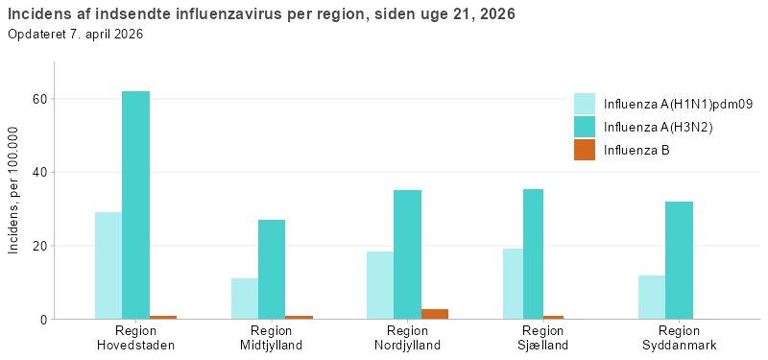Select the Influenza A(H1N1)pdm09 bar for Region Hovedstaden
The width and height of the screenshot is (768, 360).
(108, 265)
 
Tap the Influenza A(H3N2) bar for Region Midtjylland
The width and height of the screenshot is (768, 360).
(272, 269)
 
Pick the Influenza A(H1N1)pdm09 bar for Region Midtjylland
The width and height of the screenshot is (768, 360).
(245, 299)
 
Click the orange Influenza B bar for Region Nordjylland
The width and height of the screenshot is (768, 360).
(434, 314)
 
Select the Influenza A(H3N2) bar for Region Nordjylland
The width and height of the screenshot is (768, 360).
(407, 254)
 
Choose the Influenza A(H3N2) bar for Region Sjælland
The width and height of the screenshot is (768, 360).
(533, 253)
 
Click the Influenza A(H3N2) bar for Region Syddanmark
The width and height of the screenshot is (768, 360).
(679, 260)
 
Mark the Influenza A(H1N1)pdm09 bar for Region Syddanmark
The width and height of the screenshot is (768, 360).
(652, 297)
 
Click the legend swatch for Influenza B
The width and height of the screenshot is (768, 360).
(585, 150)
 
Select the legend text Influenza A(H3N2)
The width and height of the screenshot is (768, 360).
(658, 127)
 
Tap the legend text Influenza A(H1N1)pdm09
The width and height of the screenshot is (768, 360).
(677, 104)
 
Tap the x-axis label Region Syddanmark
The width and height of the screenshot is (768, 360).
(679, 338)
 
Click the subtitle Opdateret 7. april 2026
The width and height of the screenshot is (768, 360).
(76, 35)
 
